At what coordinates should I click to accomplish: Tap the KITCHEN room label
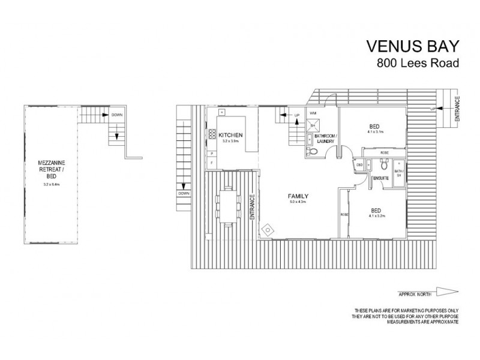[x=230, y=134]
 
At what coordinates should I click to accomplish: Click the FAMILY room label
[x=298, y=196]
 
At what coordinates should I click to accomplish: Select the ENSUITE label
[x=378, y=178]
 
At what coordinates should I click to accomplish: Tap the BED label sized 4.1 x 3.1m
[x=374, y=127]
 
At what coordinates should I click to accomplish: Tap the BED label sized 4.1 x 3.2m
[x=374, y=210]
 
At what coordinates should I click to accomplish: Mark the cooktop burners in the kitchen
[x=211, y=135]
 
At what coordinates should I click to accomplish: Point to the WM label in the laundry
[x=312, y=112]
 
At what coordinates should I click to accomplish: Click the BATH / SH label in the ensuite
[x=399, y=174]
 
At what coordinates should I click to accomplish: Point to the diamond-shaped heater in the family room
[x=268, y=229]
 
